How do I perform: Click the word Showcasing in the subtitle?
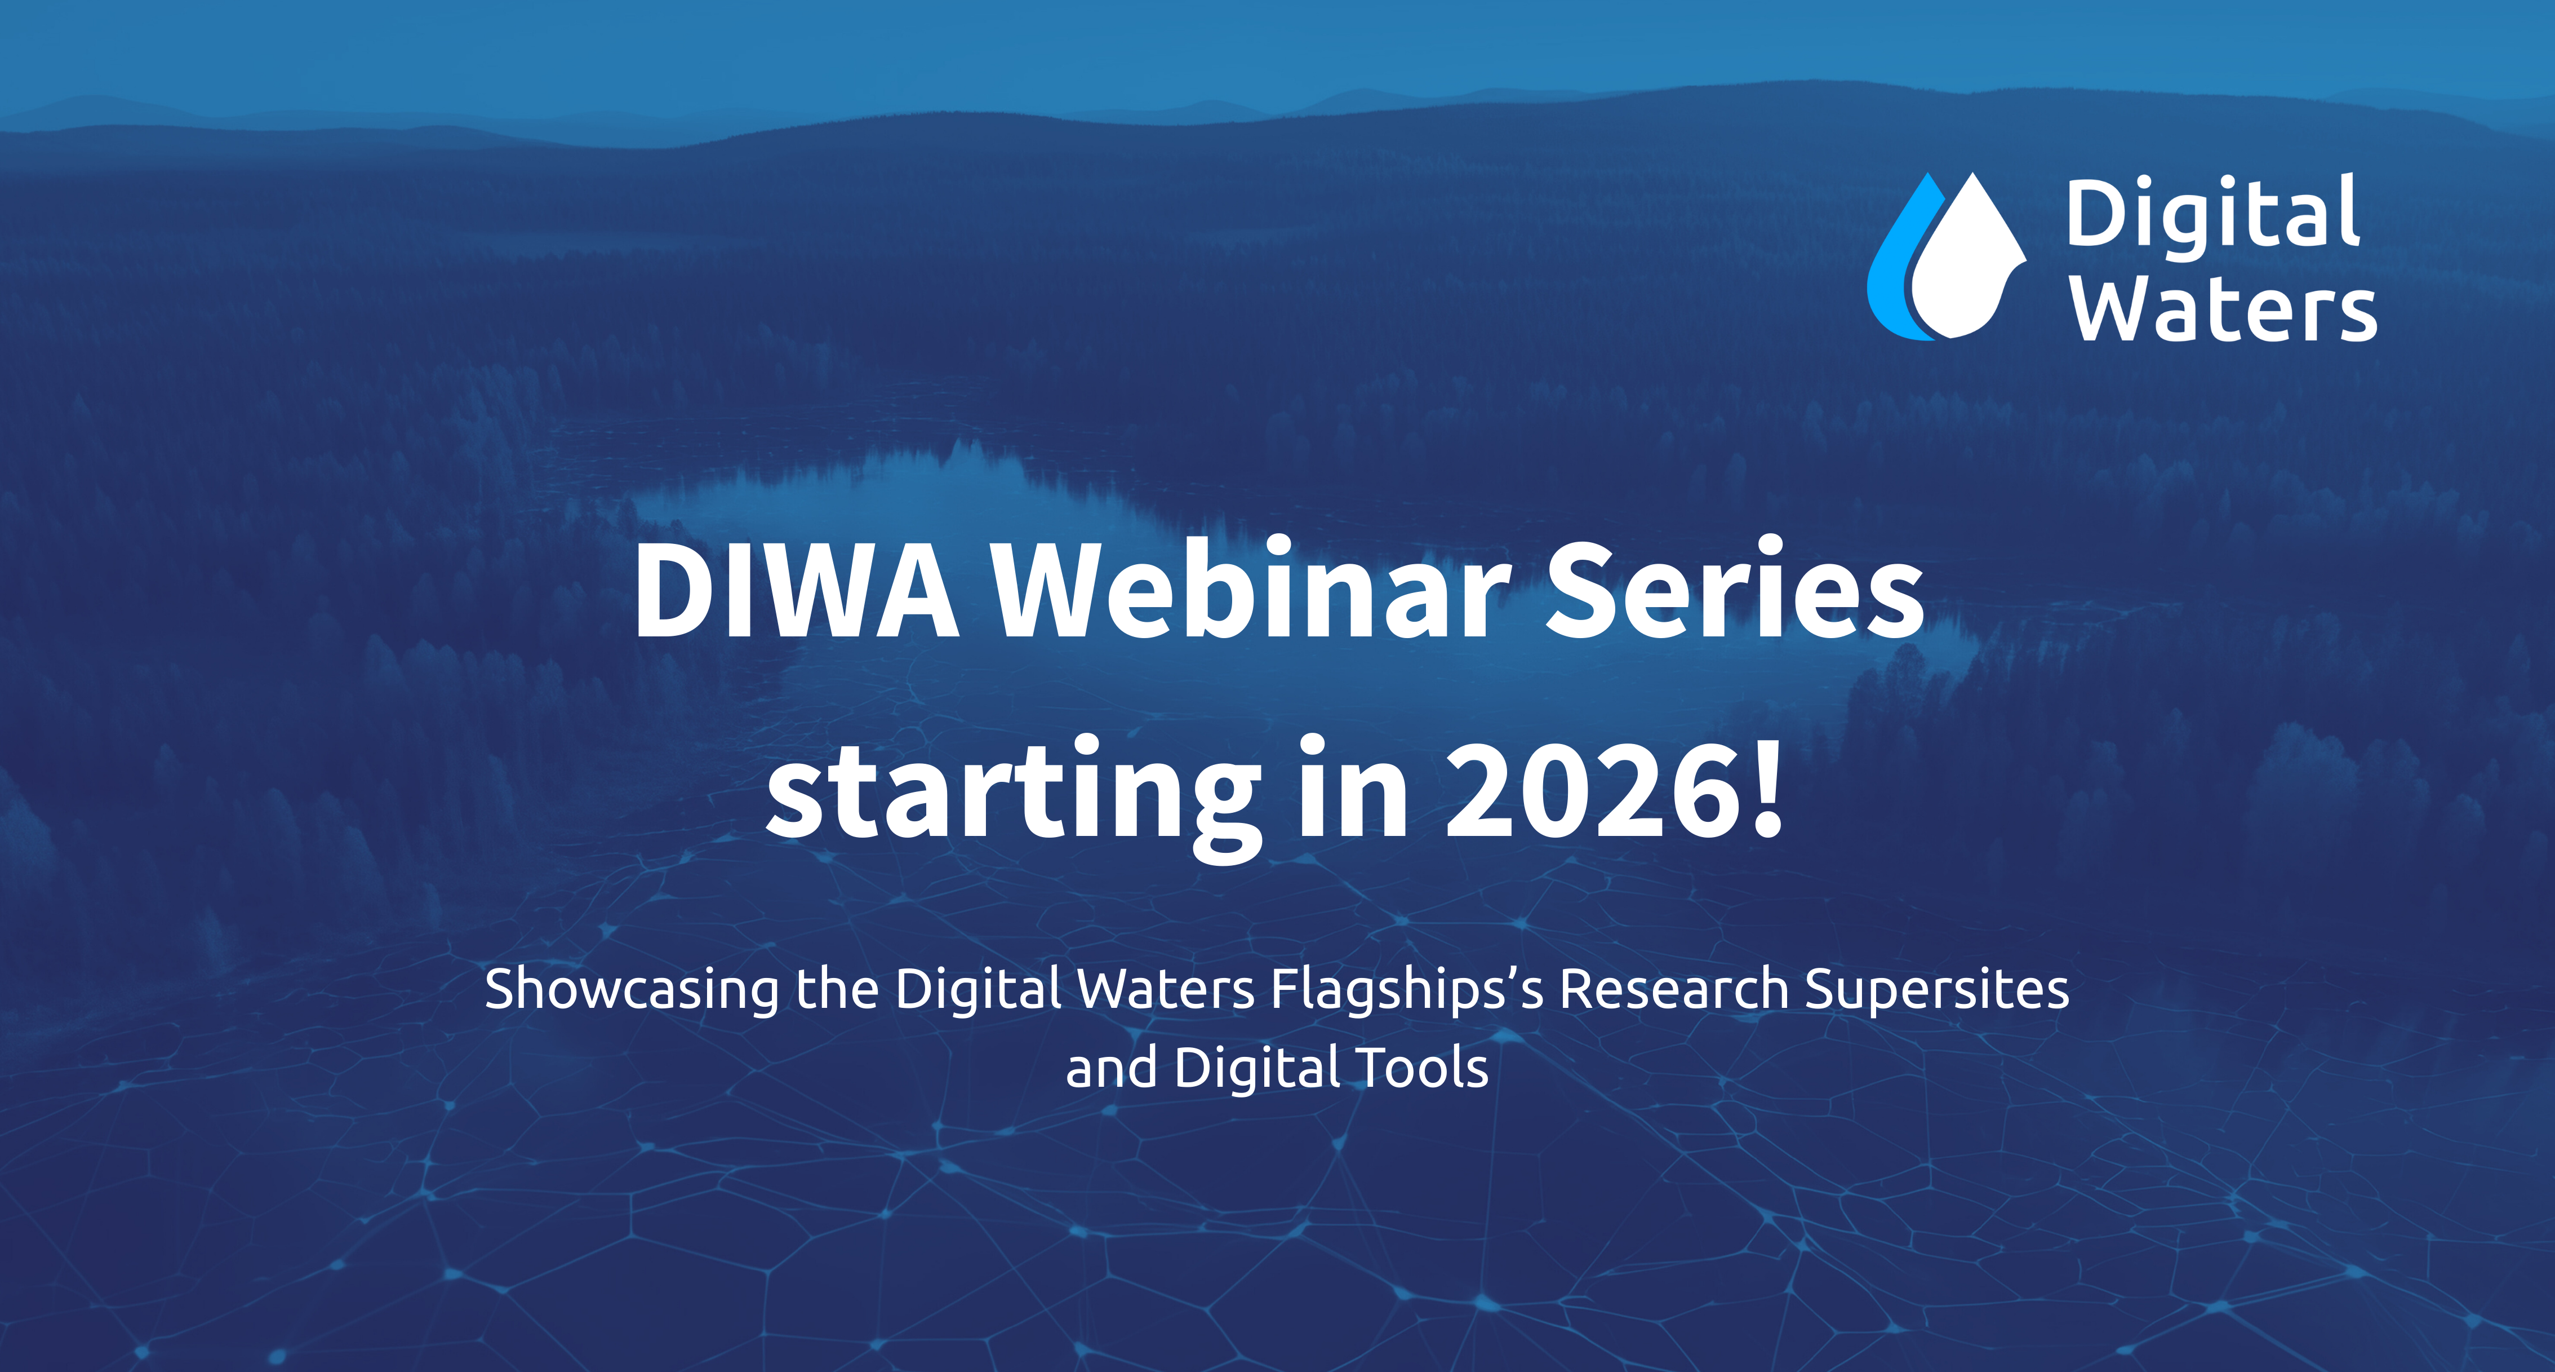tap(632, 990)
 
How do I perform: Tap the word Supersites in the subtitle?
tap(1936, 990)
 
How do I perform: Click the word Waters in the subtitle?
tap(1166, 989)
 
